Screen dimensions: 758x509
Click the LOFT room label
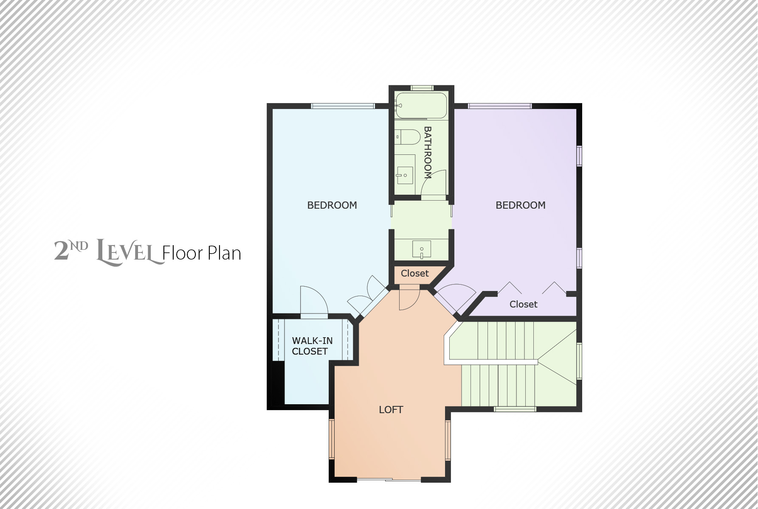(391, 410)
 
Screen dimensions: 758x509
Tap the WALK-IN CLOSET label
(312, 346)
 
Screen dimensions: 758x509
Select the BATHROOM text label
(428, 152)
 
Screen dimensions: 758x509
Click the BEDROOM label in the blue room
(332, 205)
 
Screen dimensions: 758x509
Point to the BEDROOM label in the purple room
(521, 205)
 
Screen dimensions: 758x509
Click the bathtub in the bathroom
(421, 105)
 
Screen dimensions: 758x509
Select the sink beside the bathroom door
(404, 175)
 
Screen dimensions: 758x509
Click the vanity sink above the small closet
(422, 249)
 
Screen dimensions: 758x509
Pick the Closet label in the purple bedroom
(524, 305)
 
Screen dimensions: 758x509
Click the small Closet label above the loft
(415, 274)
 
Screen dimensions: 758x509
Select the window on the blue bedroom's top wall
(343, 106)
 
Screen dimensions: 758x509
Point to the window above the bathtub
(422, 88)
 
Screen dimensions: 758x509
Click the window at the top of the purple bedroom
(500, 106)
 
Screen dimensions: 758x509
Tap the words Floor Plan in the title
(202, 253)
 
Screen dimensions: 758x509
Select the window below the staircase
(515, 409)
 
